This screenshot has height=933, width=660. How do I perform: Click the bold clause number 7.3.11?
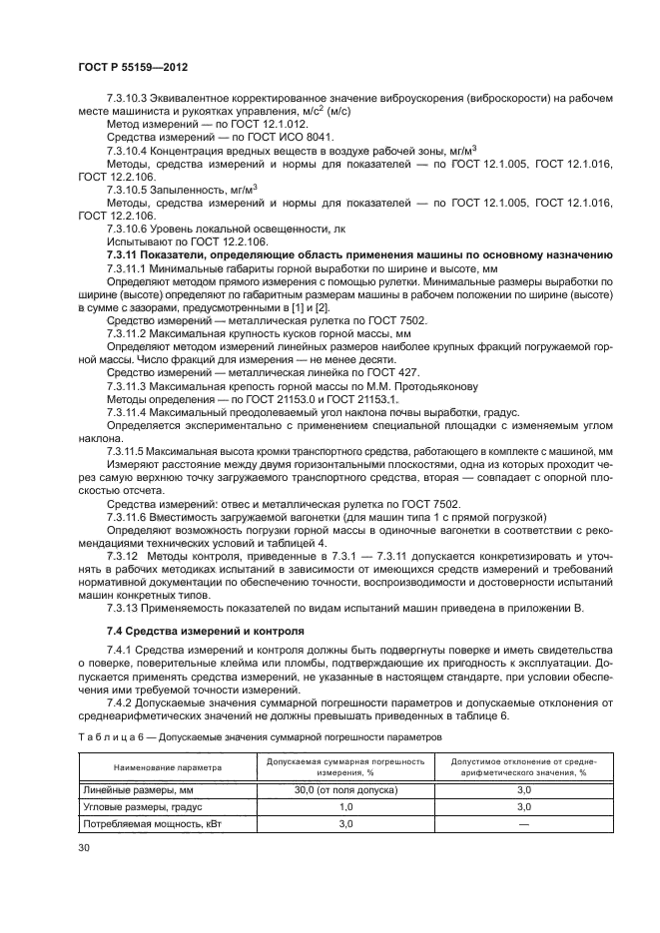tap(127, 254)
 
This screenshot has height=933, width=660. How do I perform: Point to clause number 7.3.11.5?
tap(131, 450)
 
